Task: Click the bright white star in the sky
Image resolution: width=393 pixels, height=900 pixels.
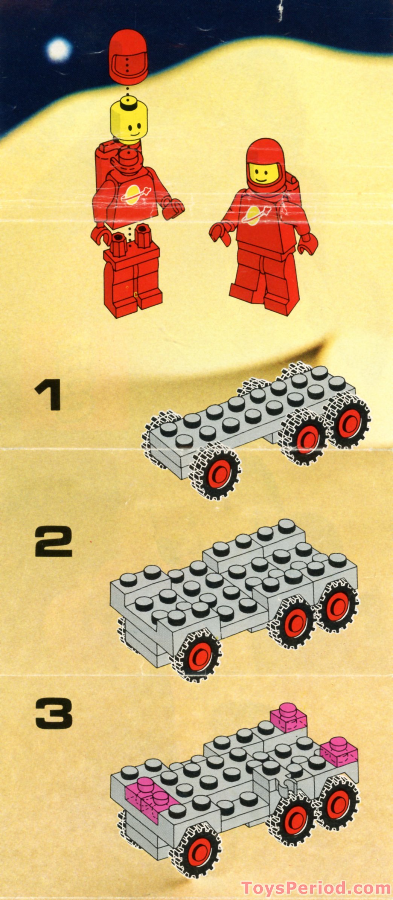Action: [58, 49]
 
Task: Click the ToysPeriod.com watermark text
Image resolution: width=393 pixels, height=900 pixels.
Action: [315, 888]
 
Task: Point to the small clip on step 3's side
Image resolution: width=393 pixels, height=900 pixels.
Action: [286, 785]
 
